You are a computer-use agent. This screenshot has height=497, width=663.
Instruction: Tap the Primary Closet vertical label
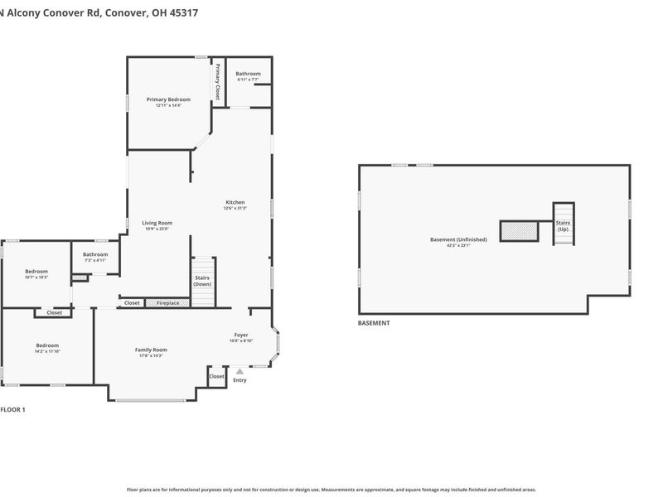(217, 82)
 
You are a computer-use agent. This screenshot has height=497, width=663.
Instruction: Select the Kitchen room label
(235, 202)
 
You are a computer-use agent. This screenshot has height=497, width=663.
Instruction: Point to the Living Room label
(157, 223)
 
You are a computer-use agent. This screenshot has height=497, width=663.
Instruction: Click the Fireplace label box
(168, 303)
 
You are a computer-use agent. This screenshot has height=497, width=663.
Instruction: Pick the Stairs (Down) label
(202, 281)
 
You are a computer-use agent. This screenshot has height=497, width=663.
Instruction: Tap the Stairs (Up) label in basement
(563, 225)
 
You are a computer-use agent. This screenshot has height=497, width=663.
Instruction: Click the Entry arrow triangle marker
(240, 371)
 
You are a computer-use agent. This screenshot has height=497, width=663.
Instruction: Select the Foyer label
(241, 335)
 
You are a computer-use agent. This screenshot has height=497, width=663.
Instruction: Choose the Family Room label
(151, 350)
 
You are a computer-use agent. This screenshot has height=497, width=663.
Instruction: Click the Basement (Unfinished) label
(458, 239)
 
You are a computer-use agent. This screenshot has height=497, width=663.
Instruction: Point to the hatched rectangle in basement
(519, 231)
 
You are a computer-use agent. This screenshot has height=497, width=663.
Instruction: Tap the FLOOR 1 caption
(12, 409)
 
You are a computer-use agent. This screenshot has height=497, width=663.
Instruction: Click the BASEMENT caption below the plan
(374, 323)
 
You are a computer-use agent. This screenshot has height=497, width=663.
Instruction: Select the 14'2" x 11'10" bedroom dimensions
(47, 351)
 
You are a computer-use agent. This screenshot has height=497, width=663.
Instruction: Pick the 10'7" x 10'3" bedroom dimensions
(36, 277)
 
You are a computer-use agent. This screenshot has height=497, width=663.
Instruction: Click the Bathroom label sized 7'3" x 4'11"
(95, 254)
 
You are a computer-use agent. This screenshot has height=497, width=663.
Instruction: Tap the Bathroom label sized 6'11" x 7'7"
(248, 74)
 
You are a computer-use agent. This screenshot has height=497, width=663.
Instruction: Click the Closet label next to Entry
(216, 376)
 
